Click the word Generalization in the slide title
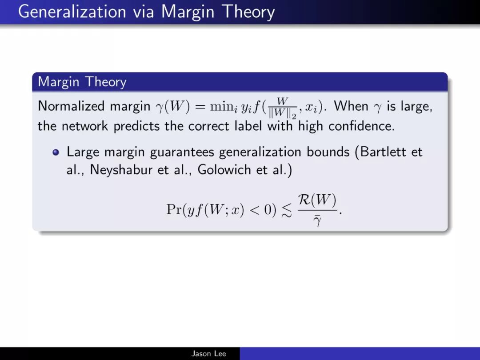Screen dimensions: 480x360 click(x=72, y=12)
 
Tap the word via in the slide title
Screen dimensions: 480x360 click(x=143, y=12)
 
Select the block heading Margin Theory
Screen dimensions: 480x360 click(x=82, y=82)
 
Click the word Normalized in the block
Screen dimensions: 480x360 click(x=71, y=106)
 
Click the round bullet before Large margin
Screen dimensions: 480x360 click(x=56, y=152)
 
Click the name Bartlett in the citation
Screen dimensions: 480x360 click(x=383, y=152)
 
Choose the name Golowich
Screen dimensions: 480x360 click(x=224, y=170)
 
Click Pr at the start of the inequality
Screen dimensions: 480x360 click(x=174, y=210)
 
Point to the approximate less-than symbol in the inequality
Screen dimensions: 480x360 click(x=287, y=211)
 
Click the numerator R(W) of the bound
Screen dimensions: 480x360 click(x=317, y=200)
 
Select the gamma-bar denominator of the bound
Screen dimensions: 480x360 click(x=317, y=220)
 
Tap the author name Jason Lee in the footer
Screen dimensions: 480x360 click(x=209, y=354)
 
